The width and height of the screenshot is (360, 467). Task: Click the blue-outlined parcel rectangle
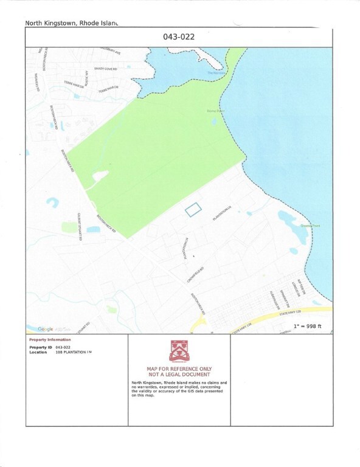point(193,209)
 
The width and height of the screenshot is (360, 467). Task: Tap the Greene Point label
point(311,226)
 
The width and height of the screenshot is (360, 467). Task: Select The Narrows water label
point(215,73)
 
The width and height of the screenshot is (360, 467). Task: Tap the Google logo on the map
point(45,329)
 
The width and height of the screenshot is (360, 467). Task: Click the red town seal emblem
point(179,351)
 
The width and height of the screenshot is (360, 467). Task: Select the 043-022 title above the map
point(179,36)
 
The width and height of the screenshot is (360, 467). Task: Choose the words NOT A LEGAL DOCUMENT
point(179,375)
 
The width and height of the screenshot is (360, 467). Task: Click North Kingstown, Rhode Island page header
point(71,23)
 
